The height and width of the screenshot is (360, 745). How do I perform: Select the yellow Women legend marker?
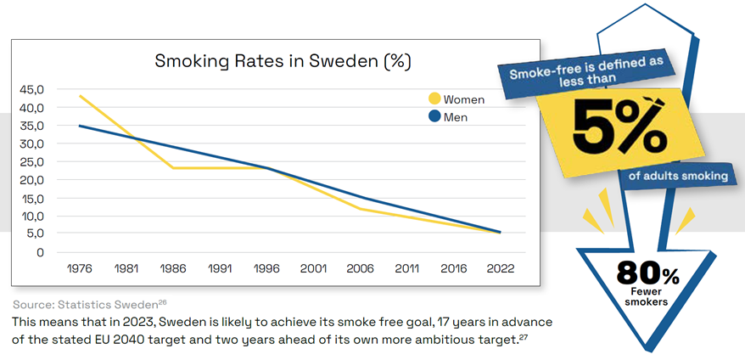434,99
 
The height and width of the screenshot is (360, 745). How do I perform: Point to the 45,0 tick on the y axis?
32,90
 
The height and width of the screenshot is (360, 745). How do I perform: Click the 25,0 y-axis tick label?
32,162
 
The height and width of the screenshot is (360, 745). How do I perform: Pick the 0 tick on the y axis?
39,252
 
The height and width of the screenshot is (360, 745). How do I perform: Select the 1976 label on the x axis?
79,268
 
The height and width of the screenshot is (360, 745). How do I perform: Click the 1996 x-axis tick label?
266,268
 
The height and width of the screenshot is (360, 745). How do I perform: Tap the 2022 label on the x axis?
500,268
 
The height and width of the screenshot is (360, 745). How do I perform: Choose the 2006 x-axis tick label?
360,268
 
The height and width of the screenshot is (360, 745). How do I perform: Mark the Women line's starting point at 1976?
80,96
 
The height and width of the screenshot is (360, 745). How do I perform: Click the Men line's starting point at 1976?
80,126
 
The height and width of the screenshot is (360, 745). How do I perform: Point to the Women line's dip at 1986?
173,168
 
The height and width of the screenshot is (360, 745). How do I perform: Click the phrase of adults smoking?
678,177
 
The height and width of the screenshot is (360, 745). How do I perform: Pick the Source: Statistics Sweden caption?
86,304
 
